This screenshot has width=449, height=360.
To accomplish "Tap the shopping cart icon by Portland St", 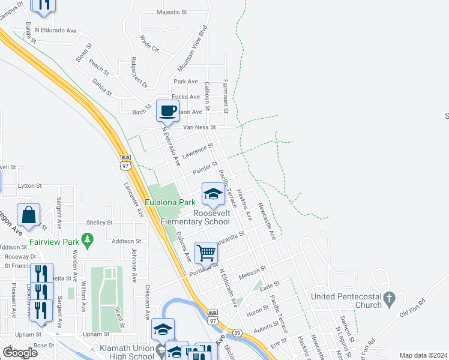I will (x=206, y=253).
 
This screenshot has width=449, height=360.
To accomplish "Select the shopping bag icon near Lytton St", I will (x=29, y=214).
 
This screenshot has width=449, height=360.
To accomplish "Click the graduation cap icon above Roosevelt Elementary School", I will (x=212, y=193).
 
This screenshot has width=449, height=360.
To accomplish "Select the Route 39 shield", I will (x=238, y=332).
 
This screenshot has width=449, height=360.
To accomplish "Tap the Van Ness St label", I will (x=199, y=127).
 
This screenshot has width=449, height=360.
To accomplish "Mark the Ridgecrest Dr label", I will (x=139, y=74).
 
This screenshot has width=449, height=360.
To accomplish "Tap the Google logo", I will (x=20, y=352).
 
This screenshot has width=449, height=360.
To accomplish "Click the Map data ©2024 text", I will (x=423, y=355).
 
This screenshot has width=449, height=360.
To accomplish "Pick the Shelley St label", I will (x=100, y=223).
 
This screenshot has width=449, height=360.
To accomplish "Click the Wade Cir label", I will (x=149, y=43).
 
